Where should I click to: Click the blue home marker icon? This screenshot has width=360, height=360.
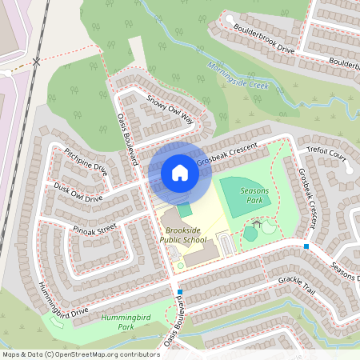click(180, 173)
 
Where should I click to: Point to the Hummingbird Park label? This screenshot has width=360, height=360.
click(121, 322)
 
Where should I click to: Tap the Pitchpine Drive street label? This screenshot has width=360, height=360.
click(86, 158)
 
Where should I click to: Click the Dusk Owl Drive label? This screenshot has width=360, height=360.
click(78, 192)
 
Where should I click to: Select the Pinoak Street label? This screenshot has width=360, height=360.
click(94, 227)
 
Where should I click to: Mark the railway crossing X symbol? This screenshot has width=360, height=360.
click(37, 61)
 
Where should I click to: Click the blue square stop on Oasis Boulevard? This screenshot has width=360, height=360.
click(181, 292)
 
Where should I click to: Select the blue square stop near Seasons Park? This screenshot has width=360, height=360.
click(306, 246)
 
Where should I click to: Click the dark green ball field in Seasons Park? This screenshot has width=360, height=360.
click(244, 194)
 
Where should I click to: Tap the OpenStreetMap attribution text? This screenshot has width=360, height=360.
click(81, 354)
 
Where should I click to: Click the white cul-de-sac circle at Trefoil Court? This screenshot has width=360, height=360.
click(348, 169)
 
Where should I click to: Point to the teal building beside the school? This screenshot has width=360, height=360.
click(185, 210)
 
